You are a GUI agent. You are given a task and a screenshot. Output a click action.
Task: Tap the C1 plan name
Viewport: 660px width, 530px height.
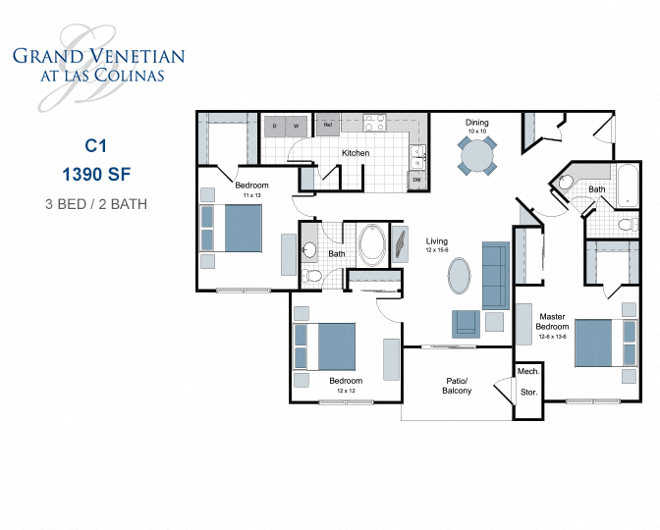point(95,145)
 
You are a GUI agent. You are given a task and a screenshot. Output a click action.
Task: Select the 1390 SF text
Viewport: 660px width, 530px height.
point(95,176)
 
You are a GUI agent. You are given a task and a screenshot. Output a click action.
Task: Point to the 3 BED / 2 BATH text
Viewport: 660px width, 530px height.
point(95,204)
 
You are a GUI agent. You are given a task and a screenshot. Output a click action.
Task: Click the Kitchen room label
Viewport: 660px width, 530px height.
point(356,153)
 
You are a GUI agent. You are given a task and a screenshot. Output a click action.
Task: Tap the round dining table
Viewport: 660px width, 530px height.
point(477,155)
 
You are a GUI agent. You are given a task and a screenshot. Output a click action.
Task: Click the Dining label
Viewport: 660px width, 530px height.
point(477,123)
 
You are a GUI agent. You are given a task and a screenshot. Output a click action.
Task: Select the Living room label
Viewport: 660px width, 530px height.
point(436,240)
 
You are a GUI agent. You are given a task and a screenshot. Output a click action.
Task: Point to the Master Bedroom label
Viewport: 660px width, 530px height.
point(557,322)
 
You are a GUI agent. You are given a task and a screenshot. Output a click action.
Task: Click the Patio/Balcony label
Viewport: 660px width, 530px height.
point(457,385)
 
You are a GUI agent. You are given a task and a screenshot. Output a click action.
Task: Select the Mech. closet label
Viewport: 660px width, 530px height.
point(527,372)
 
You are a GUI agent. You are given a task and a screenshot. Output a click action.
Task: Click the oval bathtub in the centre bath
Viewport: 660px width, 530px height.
point(373,244)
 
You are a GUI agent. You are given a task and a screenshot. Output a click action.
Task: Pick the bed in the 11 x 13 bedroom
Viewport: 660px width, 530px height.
point(233,228)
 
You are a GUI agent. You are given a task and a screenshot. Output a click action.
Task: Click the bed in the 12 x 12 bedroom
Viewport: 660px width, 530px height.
point(328,346)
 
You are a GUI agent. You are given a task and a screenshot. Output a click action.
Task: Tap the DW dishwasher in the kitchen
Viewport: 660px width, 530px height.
point(417,180)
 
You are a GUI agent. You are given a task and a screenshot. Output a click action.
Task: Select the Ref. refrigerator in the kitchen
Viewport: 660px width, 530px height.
point(326,125)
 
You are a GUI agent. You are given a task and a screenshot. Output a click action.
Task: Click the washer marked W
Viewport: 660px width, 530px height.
point(297,126)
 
